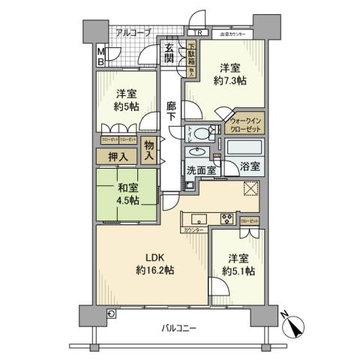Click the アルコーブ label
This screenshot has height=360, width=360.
tap(134, 32)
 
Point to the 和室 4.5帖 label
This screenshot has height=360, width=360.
tap(127, 192)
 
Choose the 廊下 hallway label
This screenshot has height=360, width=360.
tap(172, 112)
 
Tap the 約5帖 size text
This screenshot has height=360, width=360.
tap(126, 106)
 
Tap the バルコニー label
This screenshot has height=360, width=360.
tap(178, 328)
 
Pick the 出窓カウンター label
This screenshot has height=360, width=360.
tap(235, 34)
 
